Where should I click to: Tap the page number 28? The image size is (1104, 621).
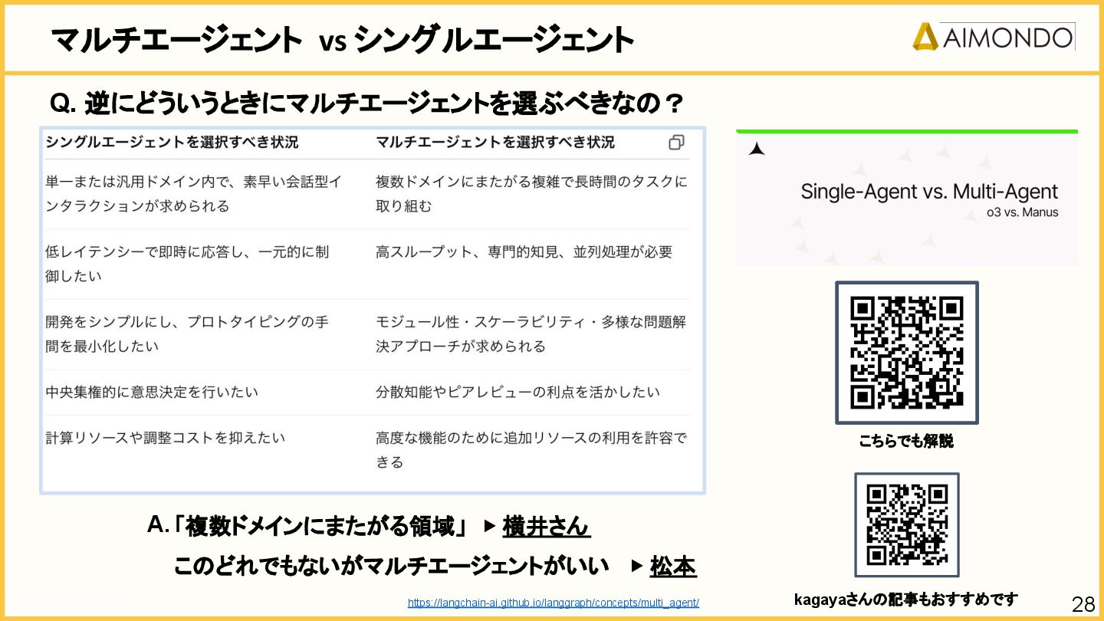(x=1083, y=604)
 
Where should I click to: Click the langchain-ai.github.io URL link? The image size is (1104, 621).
(x=553, y=603)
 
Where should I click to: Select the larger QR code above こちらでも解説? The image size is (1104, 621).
(x=906, y=353)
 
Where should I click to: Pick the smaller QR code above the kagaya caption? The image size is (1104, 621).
(x=907, y=524)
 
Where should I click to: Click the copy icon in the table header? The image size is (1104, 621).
(x=676, y=143)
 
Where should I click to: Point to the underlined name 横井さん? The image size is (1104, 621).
(x=546, y=527)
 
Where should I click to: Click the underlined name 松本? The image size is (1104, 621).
(x=672, y=567)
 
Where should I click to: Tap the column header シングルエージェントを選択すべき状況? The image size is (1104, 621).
(x=172, y=143)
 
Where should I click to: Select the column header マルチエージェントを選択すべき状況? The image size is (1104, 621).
(x=495, y=143)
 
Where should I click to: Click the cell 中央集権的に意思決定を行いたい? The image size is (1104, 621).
(x=152, y=392)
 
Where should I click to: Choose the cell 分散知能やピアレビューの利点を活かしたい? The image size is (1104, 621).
(x=517, y=392)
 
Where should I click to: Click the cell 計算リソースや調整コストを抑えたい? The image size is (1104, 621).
(x=165, y=438)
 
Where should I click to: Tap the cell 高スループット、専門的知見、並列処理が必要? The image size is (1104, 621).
(x=524, y=251)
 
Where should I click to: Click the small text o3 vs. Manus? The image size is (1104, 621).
(x=1022, y=212)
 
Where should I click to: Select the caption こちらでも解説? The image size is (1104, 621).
(x=906, y=442)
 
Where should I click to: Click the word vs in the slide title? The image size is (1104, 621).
(x=333, y=41)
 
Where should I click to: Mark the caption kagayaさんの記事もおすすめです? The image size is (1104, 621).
(x=905, y=600)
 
